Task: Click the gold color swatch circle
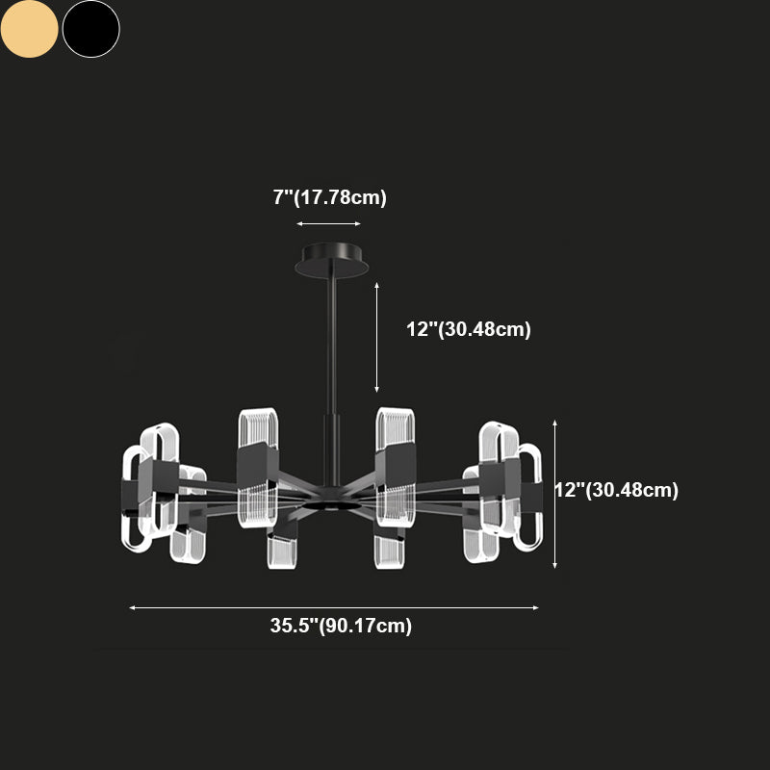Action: pyautogui.click(x=30, y=29)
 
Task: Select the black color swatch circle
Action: pyautogui.click(x=91, y=29)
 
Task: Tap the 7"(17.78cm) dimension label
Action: pyautogui.click(x=329, y=197)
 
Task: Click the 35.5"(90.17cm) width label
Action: pyautogui.click(x=341, y=626)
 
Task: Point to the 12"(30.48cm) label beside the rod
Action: pyautogui.click(x=469, y=329)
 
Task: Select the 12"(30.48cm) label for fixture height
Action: pyautogui.click(x=617, y=490)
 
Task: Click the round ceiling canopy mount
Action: pyautogui.click(x=332, y=260)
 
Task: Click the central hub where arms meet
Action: pyautogui.click(x=331, y=499)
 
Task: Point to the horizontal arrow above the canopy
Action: pyautogui.click(x=328, y=224)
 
